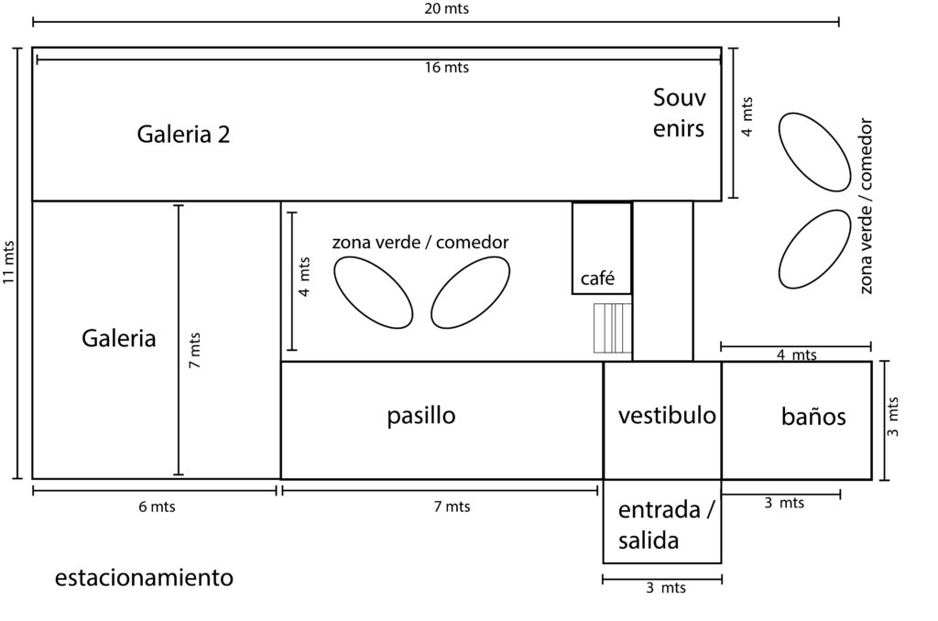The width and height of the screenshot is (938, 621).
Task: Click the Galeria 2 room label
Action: (x=183, y=134)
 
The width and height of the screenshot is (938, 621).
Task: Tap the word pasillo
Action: (x=421, y=415)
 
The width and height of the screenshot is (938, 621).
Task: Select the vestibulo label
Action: (x=667, y=415)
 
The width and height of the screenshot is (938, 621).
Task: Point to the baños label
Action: (x=813, y=416)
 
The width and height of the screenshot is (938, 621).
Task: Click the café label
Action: (x=597, y=278)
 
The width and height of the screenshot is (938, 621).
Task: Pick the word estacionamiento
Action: (x=144, y=577)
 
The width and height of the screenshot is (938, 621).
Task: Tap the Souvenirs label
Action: (x=679, y=113)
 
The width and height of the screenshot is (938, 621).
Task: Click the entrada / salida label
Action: (x=666, y=525)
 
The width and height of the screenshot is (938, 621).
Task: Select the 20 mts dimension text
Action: (x=446, y=9)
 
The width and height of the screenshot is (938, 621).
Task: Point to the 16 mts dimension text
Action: (x=447, y=68)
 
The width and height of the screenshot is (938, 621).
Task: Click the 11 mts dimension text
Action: (x=8, y=262)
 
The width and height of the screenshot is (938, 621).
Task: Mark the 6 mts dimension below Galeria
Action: (x=157, y=507)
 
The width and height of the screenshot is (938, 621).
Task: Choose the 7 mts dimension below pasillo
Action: (x=452, y=507)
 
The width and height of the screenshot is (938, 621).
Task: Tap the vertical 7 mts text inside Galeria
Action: (x=194, y=351)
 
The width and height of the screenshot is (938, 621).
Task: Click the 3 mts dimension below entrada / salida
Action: (x=665, y=587)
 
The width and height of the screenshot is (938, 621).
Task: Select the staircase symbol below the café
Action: (x=613, y=328)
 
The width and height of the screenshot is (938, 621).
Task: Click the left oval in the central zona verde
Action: (x=374, y=292)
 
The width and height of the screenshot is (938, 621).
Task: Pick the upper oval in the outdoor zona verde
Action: (x=814, y=152)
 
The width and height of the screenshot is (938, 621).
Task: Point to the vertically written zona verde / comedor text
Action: (x=866, y=206)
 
